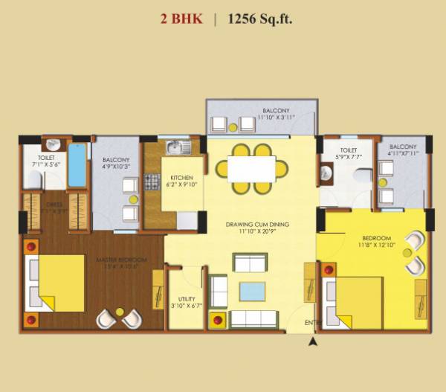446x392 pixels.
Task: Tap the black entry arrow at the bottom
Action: pyautogui.click(x=313, y=341)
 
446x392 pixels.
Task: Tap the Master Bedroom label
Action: pyautogui.click(x=120, y=260)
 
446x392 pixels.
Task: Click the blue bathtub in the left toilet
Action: pyautogui.click(x=77, y=165)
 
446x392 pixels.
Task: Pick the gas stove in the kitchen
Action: pyautogui.click(x=152, y=181)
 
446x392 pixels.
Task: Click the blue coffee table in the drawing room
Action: pyautogui.click(x=249, y=290)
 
